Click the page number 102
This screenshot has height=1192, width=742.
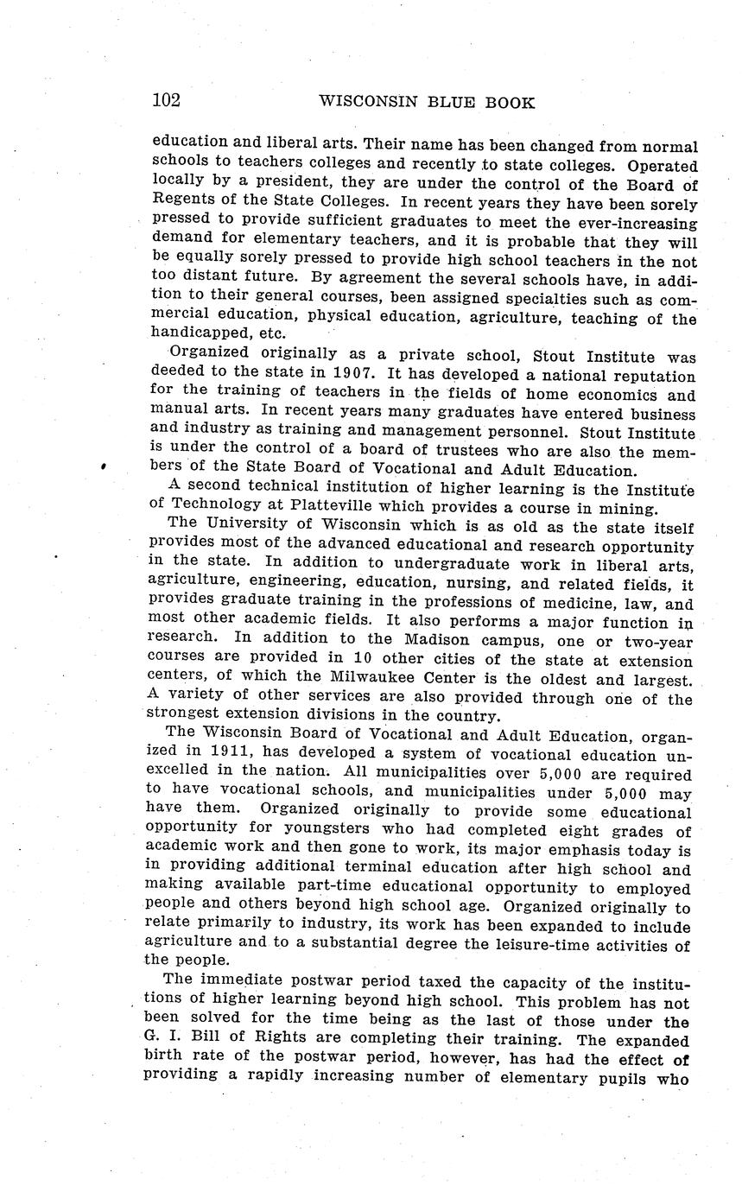tap(166, 100)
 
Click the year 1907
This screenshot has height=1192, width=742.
tap(354, 376)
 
